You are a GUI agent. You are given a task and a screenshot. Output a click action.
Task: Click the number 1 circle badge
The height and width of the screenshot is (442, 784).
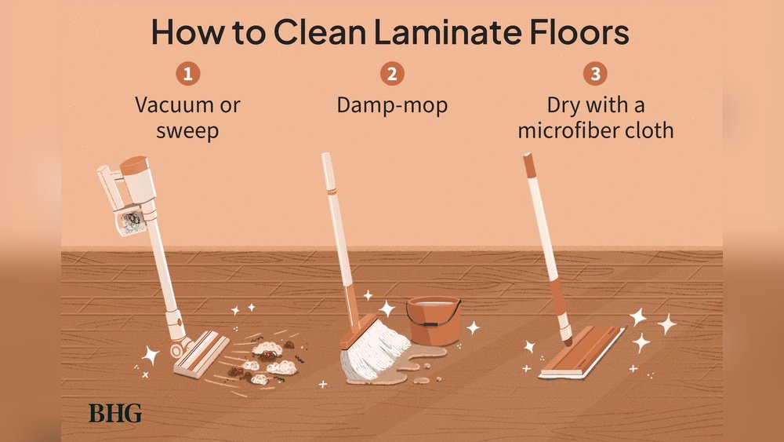tap(188, 74)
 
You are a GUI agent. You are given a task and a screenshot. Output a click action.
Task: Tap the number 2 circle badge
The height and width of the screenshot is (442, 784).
tap(392, 74)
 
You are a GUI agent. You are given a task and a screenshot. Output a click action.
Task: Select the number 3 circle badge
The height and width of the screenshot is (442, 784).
tap(596, 74)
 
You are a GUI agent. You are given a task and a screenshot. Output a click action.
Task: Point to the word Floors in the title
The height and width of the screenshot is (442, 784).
tap(579, 32)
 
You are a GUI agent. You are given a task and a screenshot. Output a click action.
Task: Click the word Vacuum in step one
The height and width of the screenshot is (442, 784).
tap(169, 105)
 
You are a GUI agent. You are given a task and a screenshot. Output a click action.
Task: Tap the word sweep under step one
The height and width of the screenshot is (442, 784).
tap(187, 131)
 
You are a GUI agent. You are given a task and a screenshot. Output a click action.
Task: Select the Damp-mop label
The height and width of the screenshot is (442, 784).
tap(392, 106)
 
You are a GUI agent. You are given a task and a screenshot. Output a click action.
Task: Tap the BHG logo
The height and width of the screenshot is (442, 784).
tap(115, 414)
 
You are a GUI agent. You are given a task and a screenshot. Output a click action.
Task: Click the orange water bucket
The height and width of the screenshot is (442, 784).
tap(434, 321)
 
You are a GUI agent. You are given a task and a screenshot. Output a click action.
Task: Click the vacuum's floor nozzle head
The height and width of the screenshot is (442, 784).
tap(201, 353)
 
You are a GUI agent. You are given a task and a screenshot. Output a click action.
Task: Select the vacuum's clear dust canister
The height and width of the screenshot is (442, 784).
tap(130, 221)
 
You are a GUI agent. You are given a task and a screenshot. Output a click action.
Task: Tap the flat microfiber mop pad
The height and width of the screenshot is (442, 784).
tap(583, 352)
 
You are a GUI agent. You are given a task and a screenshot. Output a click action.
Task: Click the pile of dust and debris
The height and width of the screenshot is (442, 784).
tap(265, 361)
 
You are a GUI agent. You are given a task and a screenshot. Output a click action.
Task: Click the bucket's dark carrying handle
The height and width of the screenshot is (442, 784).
tap(433, 316)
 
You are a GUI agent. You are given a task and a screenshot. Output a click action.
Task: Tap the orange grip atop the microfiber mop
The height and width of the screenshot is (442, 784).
tap(529, 165)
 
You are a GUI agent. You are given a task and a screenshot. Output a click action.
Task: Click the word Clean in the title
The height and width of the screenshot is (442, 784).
tap(319, 32)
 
